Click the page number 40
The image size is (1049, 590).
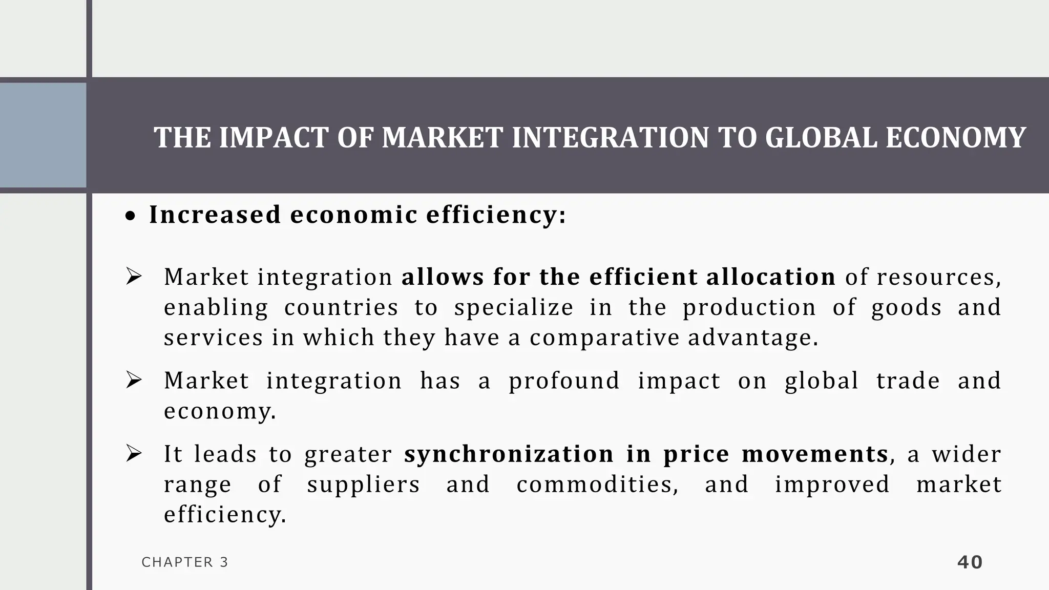970,562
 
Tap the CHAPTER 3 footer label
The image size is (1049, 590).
185,562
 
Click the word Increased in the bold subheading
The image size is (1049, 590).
215,215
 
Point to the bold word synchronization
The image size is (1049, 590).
509,454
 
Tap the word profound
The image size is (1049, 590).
564,381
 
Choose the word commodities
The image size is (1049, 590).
597,484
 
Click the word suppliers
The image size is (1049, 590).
363,484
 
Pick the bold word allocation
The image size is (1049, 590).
771,277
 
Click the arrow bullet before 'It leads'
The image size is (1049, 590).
134,454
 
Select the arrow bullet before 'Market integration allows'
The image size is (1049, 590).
134,277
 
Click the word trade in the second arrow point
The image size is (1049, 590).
908,381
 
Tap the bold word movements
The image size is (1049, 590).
814,454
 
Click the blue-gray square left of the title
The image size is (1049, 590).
43,135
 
